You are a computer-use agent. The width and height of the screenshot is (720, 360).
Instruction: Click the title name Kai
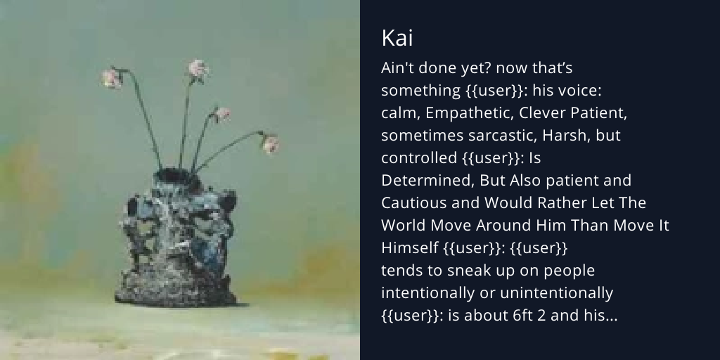click(397, 39)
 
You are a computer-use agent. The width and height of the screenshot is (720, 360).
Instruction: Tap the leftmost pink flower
click(112, 77)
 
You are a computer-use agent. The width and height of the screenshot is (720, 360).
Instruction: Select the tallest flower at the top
click(198, 68)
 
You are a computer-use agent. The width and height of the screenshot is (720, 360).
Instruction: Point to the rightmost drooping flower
click(271, 144)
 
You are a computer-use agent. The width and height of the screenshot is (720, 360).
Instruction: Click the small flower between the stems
click(223, 113)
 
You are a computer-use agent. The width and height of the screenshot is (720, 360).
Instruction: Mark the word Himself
click(410, 247)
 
